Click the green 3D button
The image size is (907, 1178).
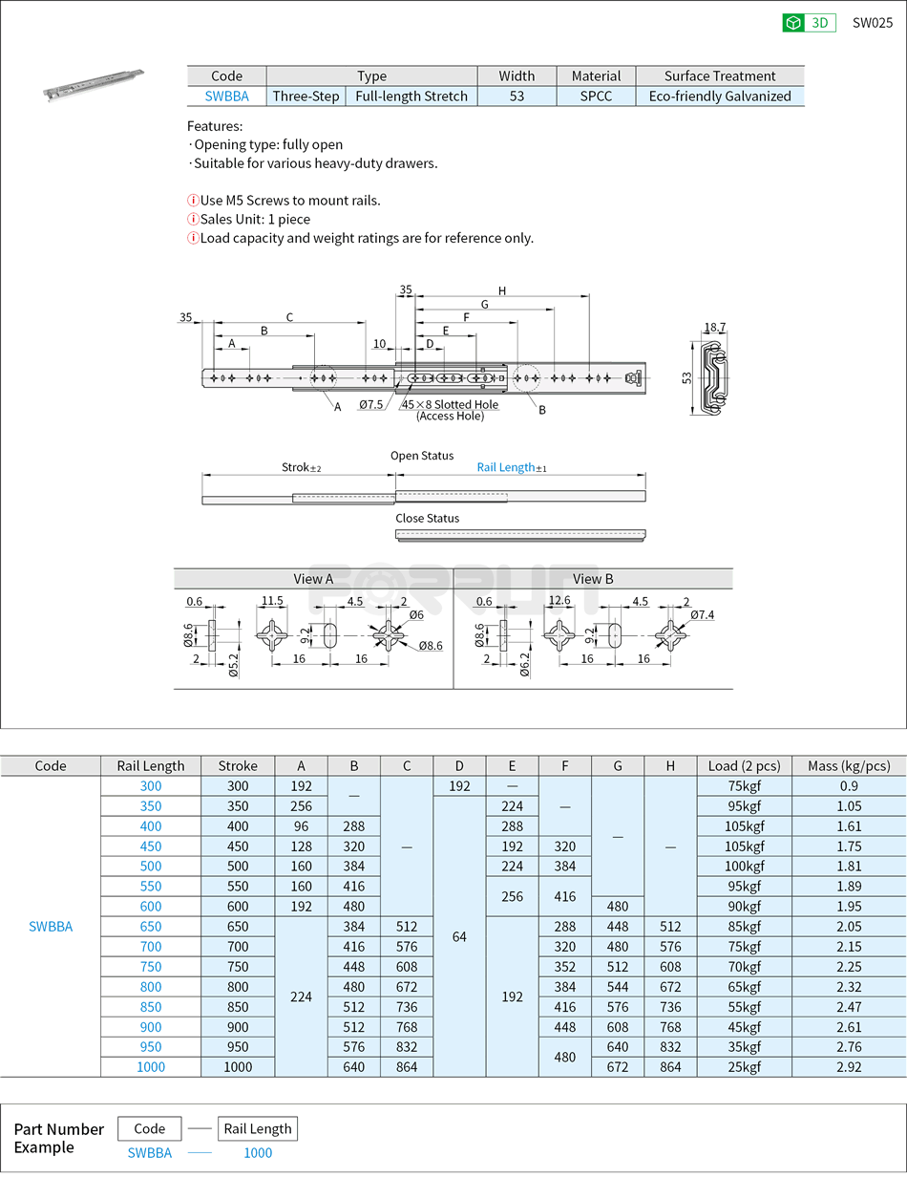point(809,23)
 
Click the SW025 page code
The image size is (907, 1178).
point(872,23)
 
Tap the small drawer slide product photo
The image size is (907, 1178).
point(93,83)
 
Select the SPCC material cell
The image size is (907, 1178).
point(596,96)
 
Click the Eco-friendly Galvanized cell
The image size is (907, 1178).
point(720,96)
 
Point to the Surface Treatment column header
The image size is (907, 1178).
point(720,75)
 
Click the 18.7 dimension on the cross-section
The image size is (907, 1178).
point(714,328)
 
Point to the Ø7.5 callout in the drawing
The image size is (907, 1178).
point(371,405)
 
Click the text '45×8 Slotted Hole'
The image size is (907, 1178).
point(450,404)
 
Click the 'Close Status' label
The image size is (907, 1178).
point(427,518)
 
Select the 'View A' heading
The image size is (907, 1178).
point(313,579)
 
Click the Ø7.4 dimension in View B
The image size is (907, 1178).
point(702,614)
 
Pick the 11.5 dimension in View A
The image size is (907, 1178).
point(273,601)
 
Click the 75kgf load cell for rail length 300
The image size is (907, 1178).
point(744,785)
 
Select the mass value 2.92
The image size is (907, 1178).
point(848,1066)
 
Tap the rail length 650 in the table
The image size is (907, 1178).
point(151,926)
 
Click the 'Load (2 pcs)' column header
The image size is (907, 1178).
point(744,765)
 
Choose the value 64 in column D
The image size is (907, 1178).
point(459,936)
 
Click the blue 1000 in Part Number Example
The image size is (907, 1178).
point(258,1152)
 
